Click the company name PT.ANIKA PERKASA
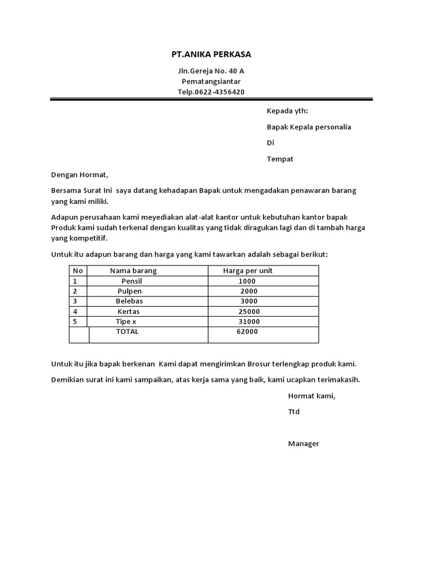point(211,55)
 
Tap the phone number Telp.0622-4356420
point(211,92)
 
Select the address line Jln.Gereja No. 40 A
point(211,71)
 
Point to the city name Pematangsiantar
point(211,82)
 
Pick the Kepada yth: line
point(288,111)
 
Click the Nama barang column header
point(133,271)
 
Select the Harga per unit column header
point(248,271)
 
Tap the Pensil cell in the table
point(132,281)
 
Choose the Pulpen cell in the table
point(130,291)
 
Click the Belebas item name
point(129,301)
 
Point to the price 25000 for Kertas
point(246,311)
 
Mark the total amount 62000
point(247,332)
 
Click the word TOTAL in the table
point(127,332)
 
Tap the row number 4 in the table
point(75,311)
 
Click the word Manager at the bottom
point(303,443)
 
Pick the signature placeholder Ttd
point(294,411)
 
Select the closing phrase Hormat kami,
point(311,395)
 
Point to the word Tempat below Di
point(280,159)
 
